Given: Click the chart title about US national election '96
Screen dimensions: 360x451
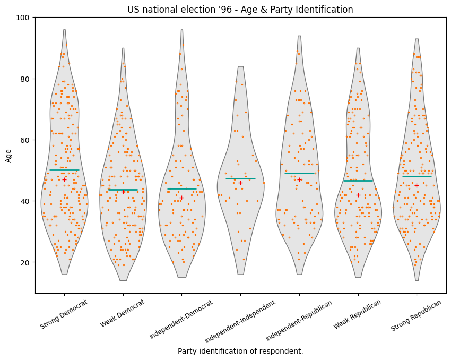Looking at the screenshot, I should point(240,10).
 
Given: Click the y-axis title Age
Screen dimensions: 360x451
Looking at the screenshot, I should point(8,155).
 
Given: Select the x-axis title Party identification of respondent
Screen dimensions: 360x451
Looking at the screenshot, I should point(240,351).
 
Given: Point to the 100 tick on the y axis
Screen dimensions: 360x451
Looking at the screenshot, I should point(25,18).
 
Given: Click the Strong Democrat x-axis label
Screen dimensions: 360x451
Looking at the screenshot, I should point(64,315).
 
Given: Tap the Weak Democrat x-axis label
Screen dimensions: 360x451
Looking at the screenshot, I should point(123,314).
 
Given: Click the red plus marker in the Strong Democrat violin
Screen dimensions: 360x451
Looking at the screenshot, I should point(64,179).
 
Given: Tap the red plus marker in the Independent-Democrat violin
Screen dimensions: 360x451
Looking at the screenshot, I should point(181,198).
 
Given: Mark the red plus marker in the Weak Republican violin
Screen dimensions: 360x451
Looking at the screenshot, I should point(358,195).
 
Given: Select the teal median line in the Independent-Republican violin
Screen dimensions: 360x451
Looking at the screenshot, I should point(299,173).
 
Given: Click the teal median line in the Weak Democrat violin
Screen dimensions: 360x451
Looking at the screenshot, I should point(123,190).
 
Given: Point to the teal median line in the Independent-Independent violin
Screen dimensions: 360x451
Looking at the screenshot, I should point(240,178).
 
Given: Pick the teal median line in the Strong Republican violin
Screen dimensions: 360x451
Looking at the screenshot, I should point(417,176).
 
